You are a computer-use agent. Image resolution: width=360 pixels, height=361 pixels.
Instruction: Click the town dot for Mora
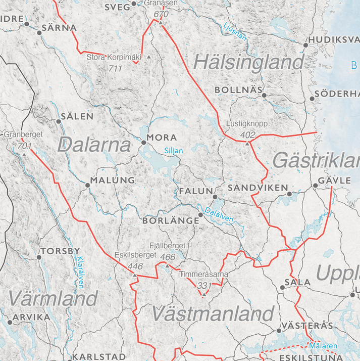[x=143, y=143]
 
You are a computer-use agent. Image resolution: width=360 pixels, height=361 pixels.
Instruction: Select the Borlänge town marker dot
[x=200, y=215]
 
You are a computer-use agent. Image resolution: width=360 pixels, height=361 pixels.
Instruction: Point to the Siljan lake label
[x=173, y=151]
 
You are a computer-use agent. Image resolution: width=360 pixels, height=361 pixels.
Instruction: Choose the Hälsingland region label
[x=249, y=63]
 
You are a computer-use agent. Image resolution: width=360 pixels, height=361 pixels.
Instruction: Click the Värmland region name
[x=53, y=298]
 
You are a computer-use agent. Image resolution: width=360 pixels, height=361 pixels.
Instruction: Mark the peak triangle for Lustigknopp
[x=247, y=144]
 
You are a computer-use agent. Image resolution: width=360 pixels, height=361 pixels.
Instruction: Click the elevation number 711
[x=116, y=68]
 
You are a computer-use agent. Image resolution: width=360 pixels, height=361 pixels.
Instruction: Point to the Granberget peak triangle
[x=24, y=154]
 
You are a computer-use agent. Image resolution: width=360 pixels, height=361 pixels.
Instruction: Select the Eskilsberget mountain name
[x=135, y=255]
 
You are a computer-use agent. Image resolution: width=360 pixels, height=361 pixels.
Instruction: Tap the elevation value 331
[x=204, y=286]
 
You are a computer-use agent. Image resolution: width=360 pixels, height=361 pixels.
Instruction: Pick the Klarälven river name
[x=80, y=273]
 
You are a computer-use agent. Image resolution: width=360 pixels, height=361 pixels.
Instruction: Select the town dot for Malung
[x=87, y=186]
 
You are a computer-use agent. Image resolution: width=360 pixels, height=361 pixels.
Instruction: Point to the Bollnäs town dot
[x=264, y=95]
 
